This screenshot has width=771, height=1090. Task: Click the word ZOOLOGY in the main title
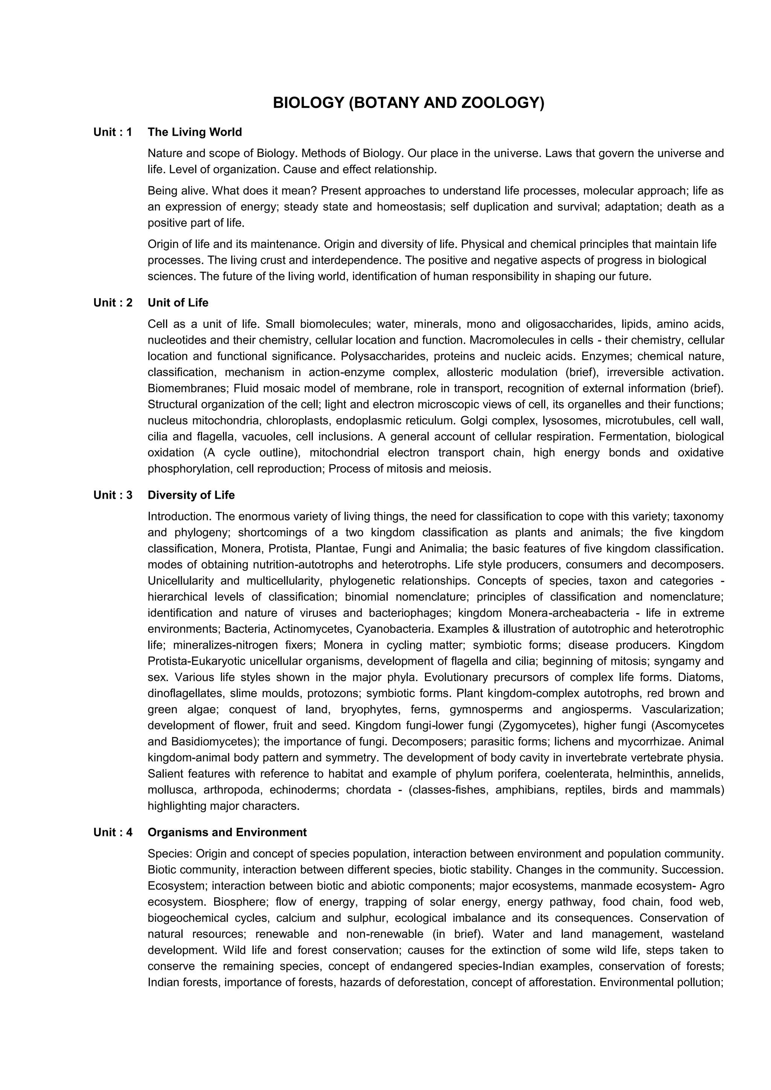click(502, 103)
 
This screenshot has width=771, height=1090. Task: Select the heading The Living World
click(195, 132)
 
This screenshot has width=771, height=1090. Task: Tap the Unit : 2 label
click(113, 303)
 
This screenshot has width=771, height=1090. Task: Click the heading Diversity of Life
click(191, 495)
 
